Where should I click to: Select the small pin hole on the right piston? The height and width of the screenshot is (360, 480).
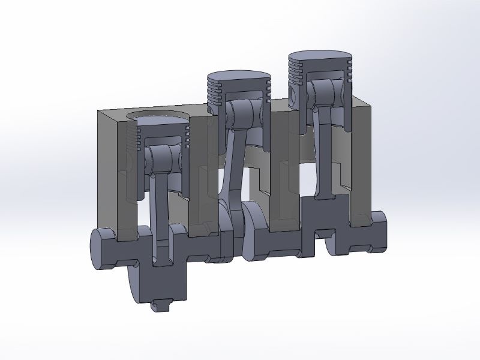click(x=295, y=95)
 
